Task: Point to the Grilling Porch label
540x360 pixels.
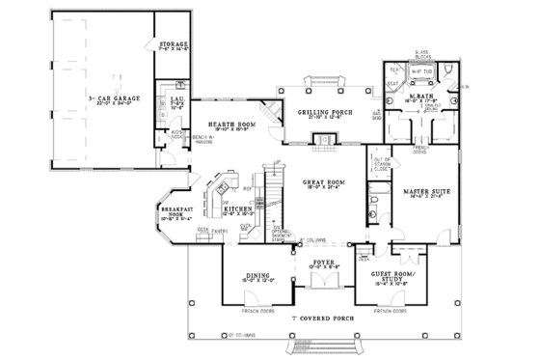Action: point(324,113)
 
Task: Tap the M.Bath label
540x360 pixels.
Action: point(419,94)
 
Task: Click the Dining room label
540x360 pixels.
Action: point(256,275)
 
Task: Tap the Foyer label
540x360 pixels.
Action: point(324,262)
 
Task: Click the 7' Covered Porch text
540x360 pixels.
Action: point(324,317)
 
